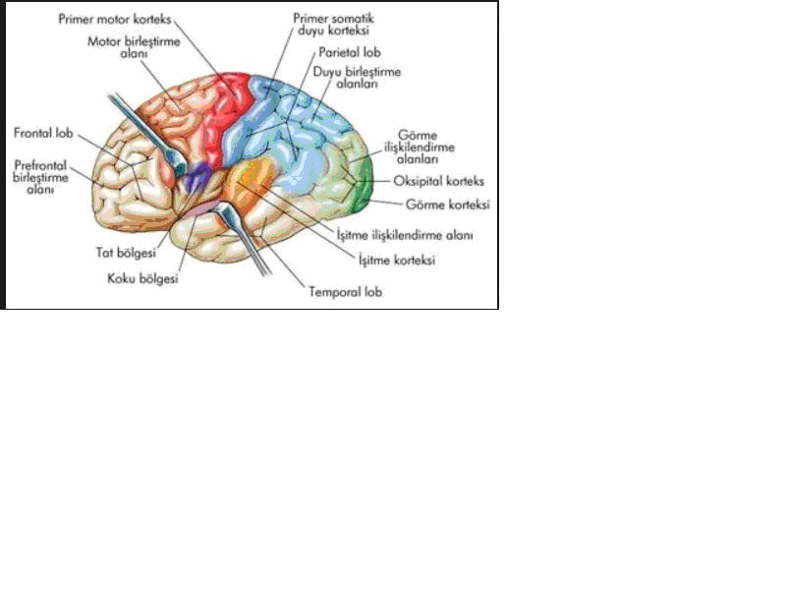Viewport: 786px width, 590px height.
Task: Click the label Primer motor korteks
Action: [115, 20]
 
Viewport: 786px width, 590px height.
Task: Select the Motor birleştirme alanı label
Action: [134, 46]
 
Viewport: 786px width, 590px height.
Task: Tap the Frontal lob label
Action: [43, 133]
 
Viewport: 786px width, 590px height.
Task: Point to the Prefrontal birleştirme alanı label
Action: [40, 177]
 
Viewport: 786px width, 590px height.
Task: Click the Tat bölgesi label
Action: [126, 253]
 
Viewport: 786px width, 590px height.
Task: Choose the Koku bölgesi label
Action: [142, 278]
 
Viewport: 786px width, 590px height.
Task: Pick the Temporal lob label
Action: [346, 291]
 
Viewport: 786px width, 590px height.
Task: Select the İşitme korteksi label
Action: [397, 260]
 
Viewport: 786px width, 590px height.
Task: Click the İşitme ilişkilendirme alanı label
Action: [405, 235]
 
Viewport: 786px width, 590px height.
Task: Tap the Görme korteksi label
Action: [448, 205]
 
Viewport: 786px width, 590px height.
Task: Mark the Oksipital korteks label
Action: [438, 181]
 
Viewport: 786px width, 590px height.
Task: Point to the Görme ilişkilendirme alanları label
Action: [419, 147]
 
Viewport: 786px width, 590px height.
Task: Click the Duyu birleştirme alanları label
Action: [357, 78]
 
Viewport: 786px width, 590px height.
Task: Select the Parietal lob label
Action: [350, 52]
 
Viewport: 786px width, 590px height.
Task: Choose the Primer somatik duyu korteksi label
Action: [333, 24]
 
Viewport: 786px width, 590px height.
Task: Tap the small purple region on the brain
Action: [196, 177]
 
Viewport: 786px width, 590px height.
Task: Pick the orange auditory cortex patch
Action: [250, 182]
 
